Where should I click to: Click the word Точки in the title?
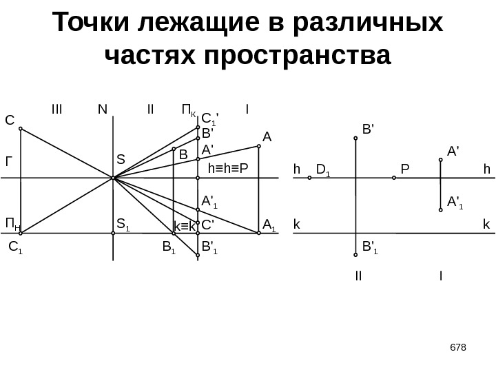(x=92, y=23)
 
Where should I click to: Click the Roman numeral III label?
(x=56, y=108)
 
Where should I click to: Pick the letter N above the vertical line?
(x=103, y=108)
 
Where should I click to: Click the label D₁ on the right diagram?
(x=323, y=168)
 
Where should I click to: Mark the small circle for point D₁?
(x=310, y=178)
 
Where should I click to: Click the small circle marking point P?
(x=394, y=178)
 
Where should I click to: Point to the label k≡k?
(x=185, y=226)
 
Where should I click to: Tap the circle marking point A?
(x=259, y=145)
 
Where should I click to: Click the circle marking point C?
(x=21, y=129)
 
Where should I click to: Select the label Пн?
(x=12, y=223)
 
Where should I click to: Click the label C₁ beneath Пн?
(x=15, y=245)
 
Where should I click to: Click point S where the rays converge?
(x=112, y=178)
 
